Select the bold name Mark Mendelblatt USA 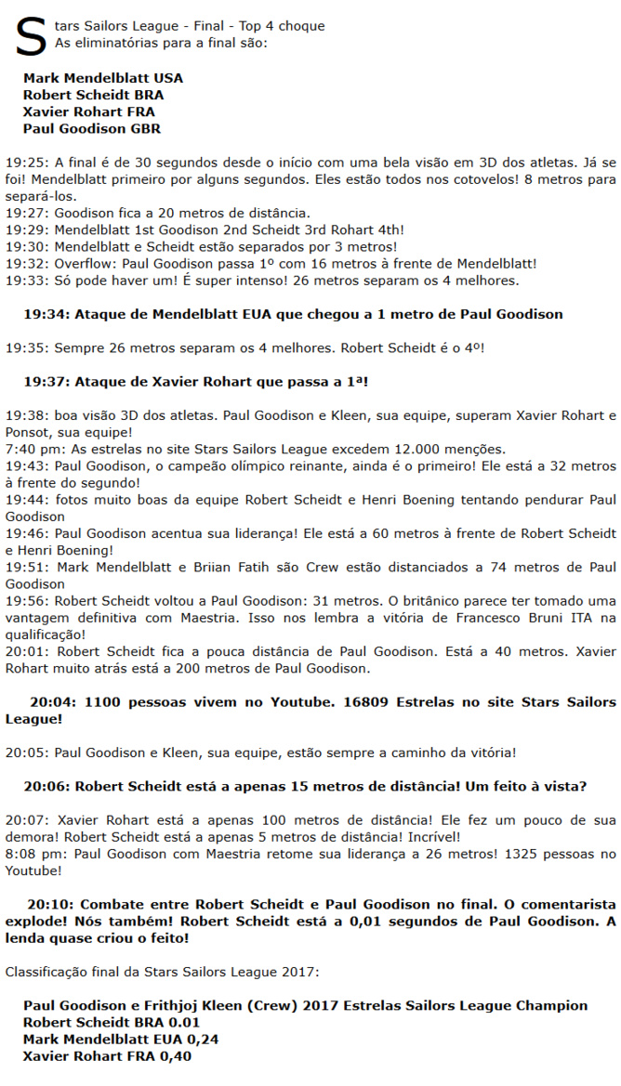[x=103, y=78]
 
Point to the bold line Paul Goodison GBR [x=92, y=129]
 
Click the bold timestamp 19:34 [x=45, y=314]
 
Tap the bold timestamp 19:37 [x=45, y=382]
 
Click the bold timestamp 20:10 [x=47, y=904]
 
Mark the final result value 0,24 [x=201, y=1039]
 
